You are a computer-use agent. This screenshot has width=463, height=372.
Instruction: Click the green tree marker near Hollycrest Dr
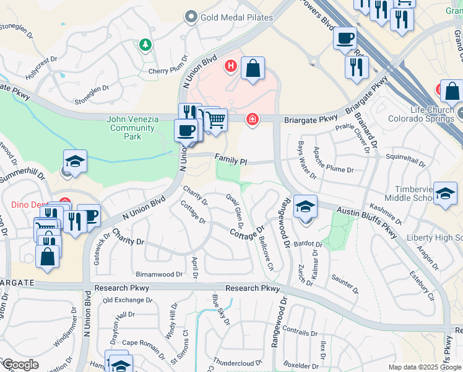tap(145, 45)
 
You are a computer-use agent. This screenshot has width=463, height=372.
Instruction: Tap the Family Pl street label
tap(231, 160)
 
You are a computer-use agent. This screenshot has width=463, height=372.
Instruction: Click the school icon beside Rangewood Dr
tap(305, 207)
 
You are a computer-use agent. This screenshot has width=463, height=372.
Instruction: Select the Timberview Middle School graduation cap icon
tap(445, 193)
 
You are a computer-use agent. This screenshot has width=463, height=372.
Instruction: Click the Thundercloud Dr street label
tap(234, 361)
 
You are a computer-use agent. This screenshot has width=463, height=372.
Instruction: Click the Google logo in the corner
tap(20, 365)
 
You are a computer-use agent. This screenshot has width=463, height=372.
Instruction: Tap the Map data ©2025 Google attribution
tap(425, 367)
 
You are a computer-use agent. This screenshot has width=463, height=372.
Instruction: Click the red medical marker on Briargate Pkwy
tap(252, 119)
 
